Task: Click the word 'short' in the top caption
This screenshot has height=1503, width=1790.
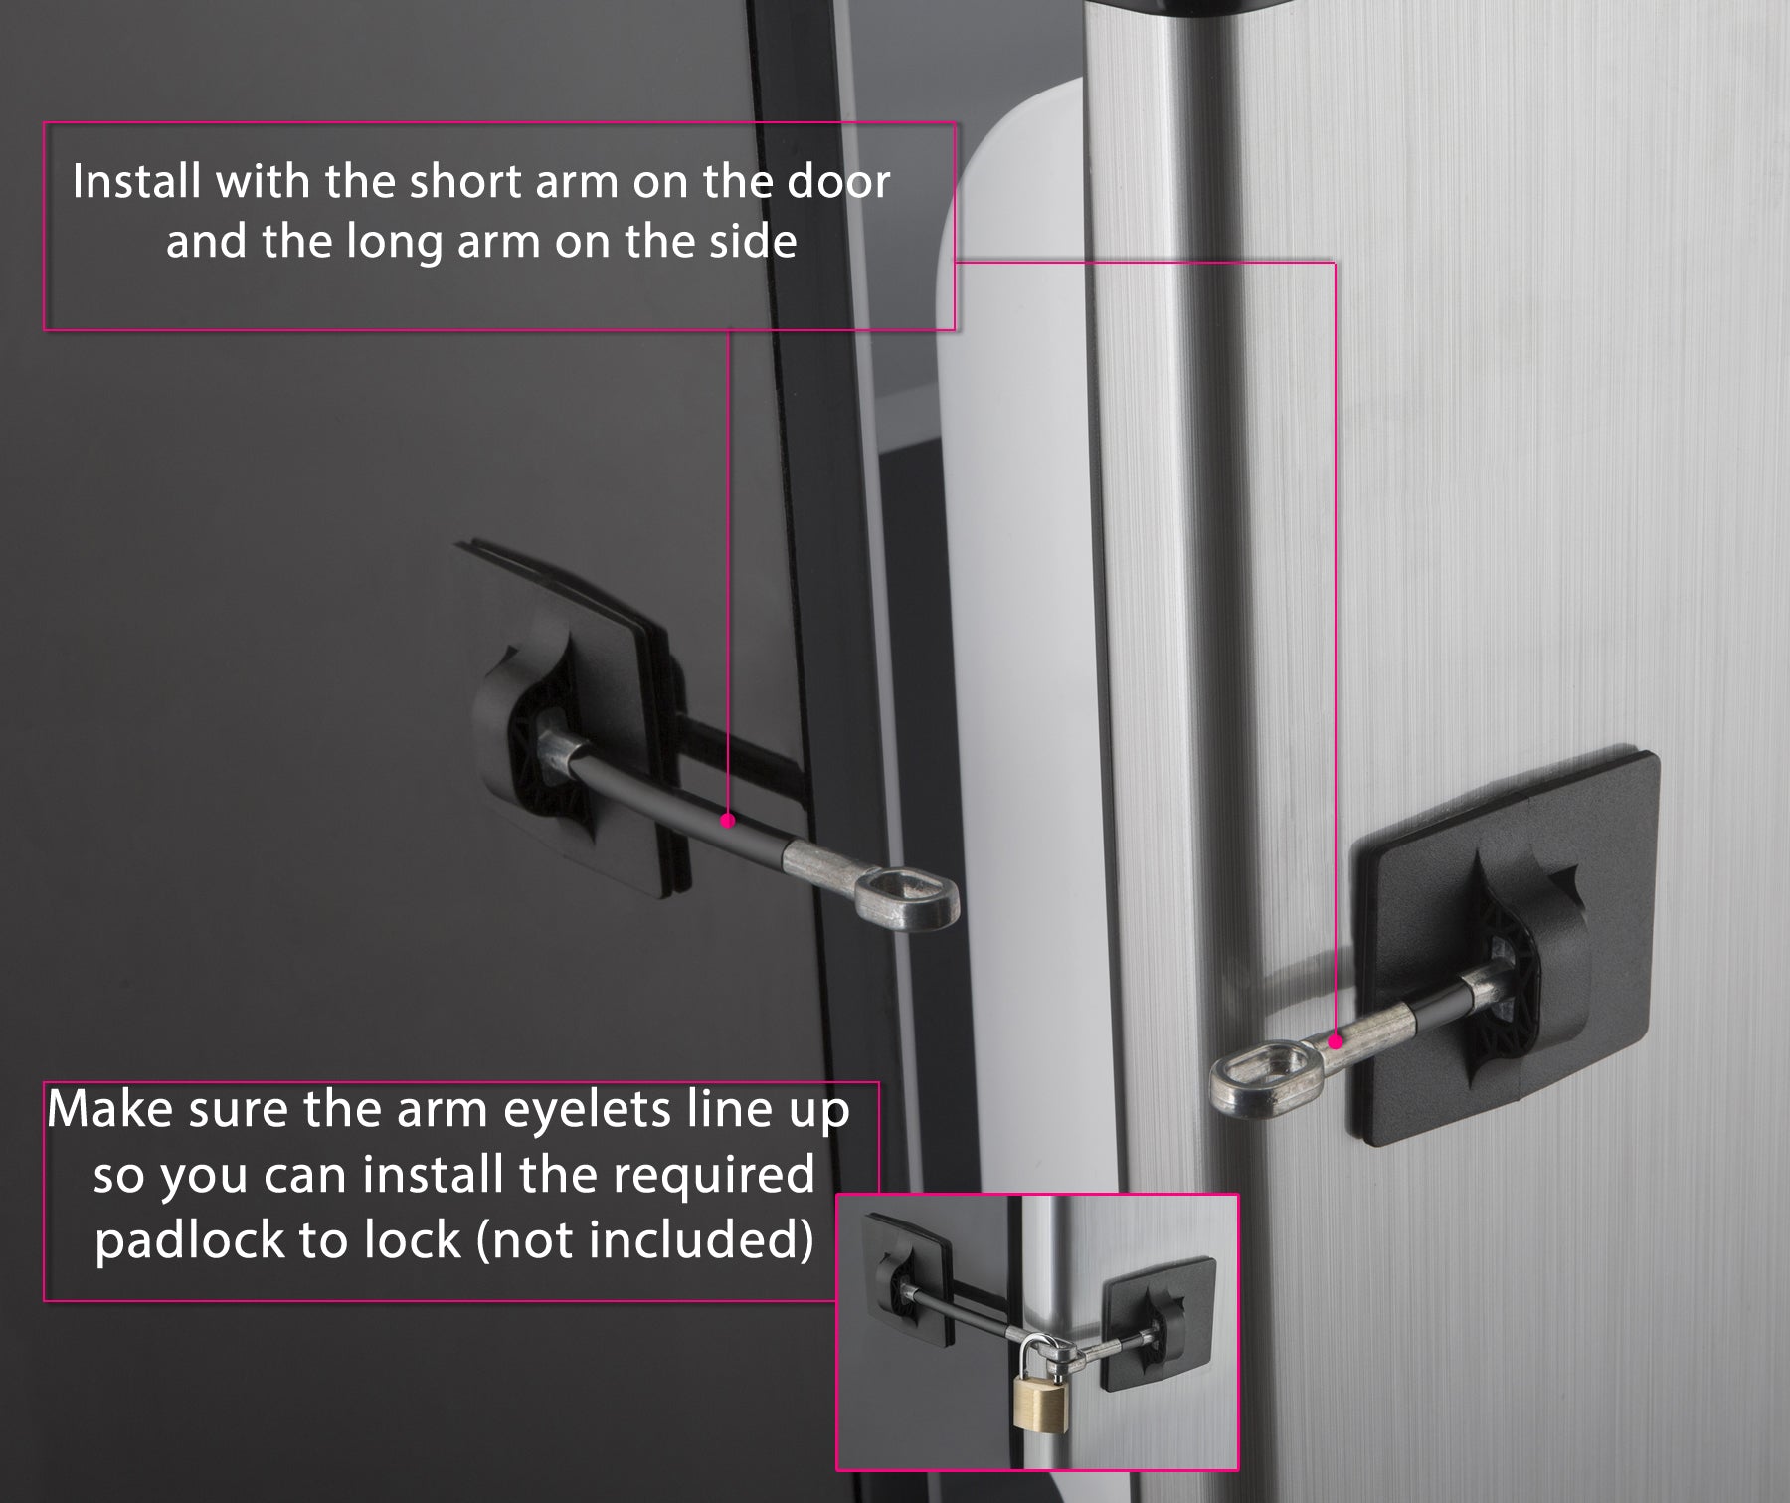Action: pyautogui.click(x=467, y=182)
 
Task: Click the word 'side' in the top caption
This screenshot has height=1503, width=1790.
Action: pyautogui.click(x=753, y=242)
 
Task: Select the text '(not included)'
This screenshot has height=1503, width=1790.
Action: pyautogui.click(x=645, y=1239)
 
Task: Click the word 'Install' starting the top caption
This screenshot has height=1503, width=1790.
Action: pyautogui.click(x=135, y=182)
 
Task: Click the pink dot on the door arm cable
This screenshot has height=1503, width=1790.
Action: pyautogui.click(x=727, y=821)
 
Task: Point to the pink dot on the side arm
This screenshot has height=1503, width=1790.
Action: pyautogui.click(x=1337, y=1041)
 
